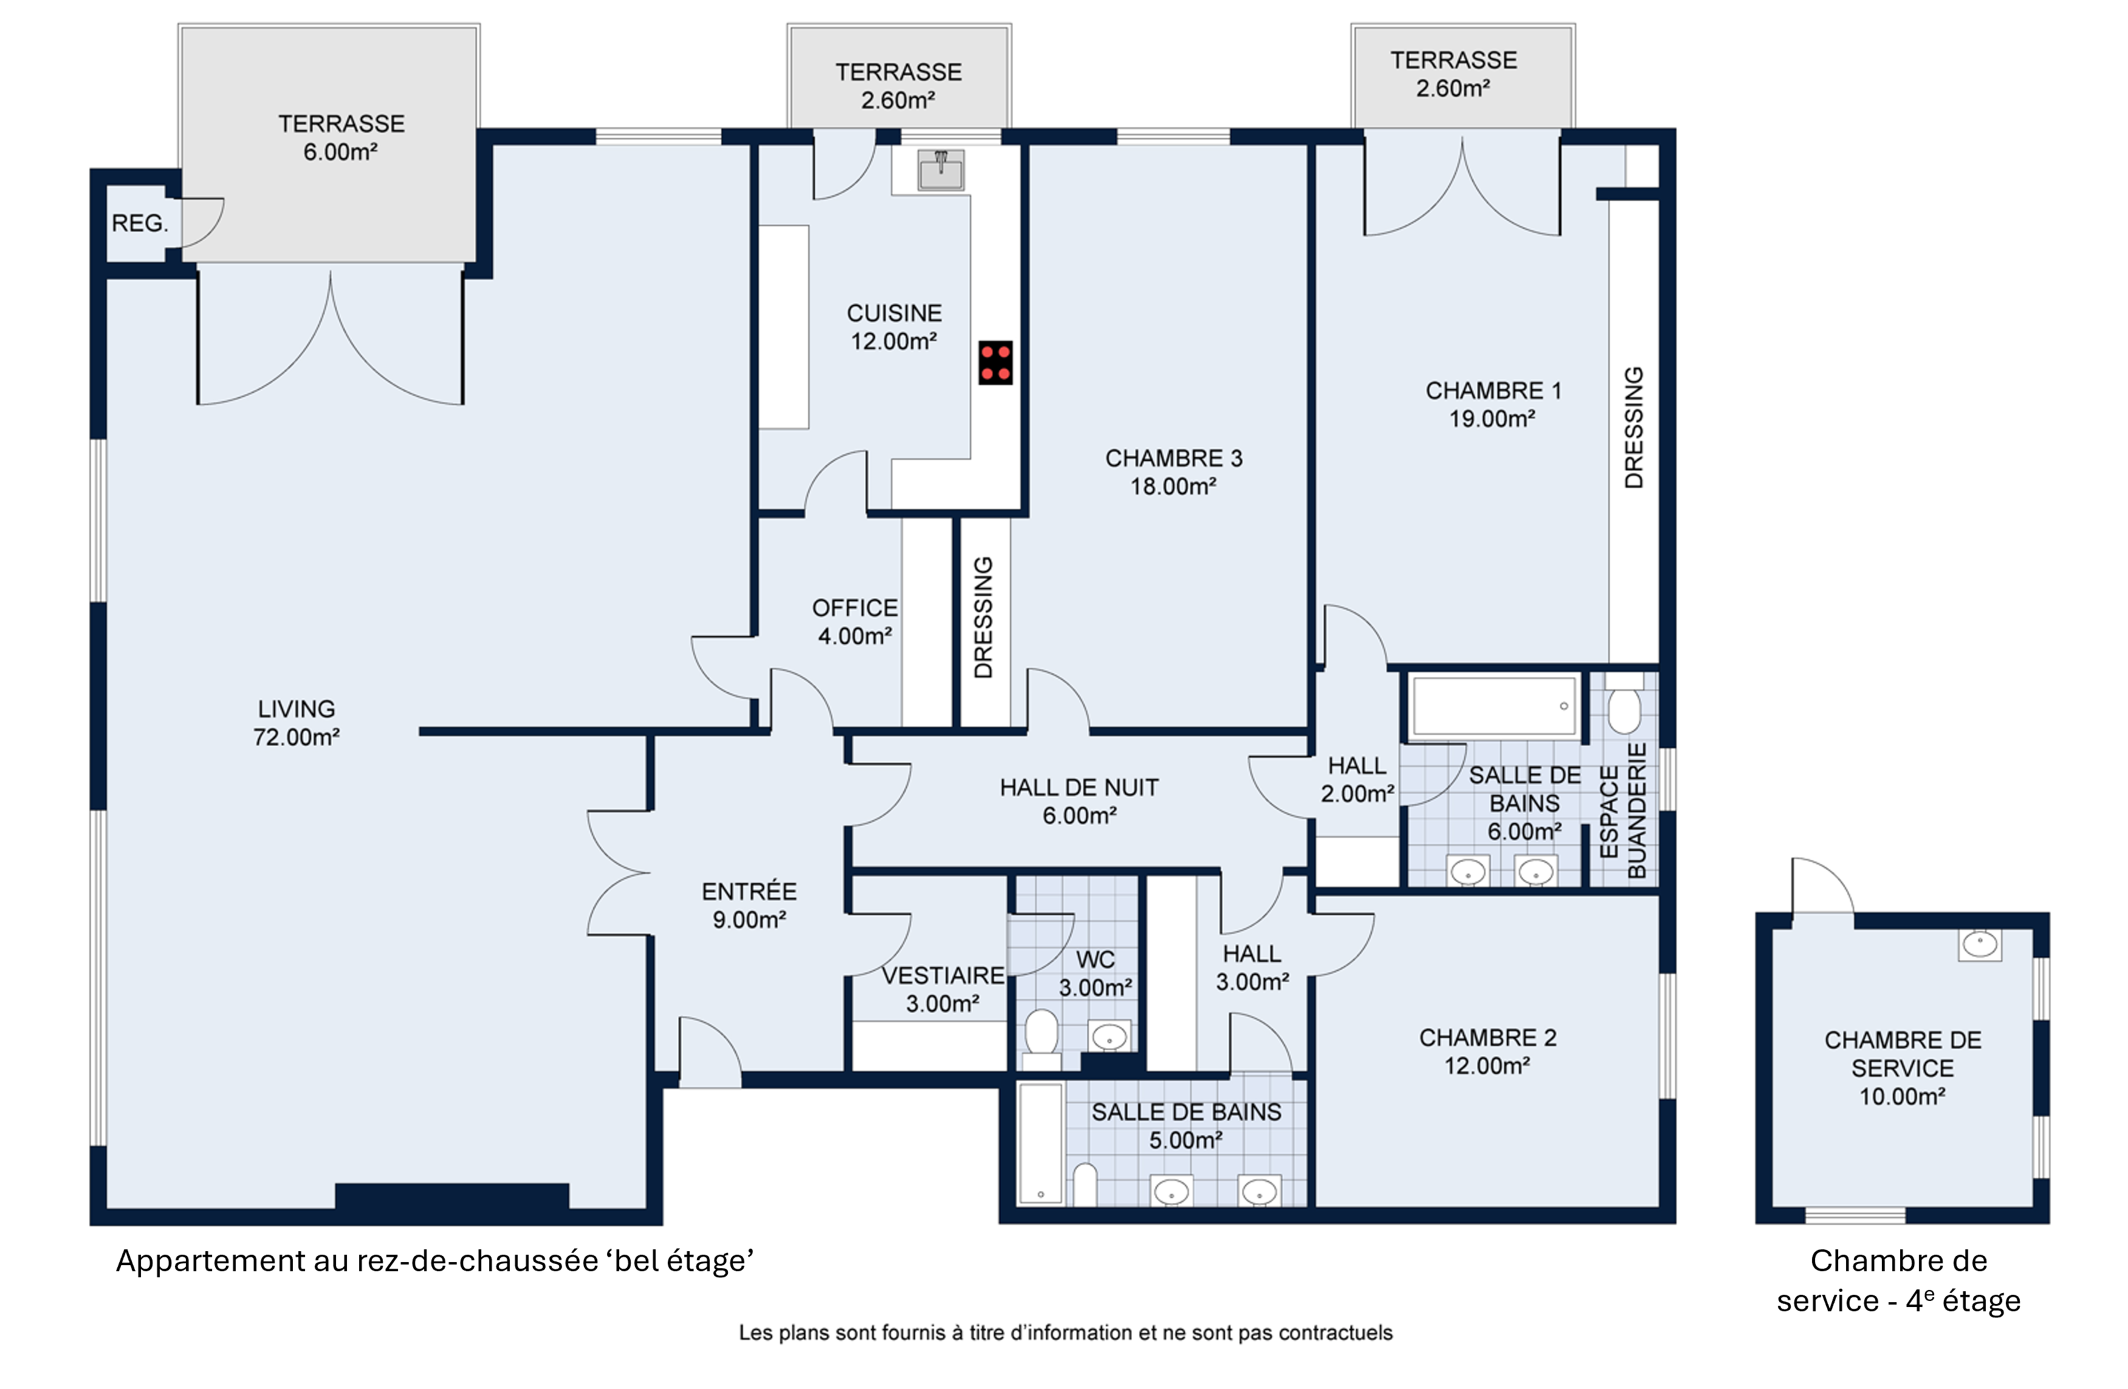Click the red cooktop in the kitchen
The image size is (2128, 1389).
[995, 363]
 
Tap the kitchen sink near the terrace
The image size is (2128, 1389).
[941, 170]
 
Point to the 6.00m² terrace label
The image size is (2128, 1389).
[341, 138]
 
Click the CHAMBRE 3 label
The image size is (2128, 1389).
[1174, 459]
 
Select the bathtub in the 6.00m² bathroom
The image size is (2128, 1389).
[1493, 706]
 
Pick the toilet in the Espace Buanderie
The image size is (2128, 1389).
[1624, 703]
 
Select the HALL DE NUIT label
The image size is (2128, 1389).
[1079, 788]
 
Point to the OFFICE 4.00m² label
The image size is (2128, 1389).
[855, 622]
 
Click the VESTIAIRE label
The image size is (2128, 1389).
[943, 975]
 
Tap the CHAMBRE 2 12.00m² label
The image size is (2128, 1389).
[1488, 1052]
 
